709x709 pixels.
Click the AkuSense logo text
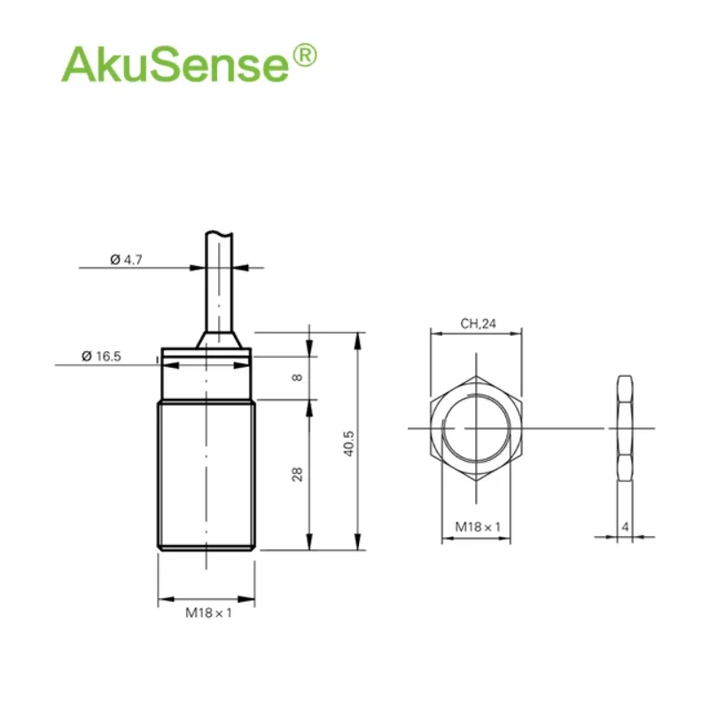175,65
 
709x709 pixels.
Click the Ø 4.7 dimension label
126,260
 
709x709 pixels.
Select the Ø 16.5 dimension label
101,356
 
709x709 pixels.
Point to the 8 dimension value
297,378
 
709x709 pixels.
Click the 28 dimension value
297,474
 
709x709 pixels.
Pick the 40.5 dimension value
348,444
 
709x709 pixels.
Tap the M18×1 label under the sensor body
208,612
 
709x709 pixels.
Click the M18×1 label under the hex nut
478,526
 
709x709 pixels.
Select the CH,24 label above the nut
478,323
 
